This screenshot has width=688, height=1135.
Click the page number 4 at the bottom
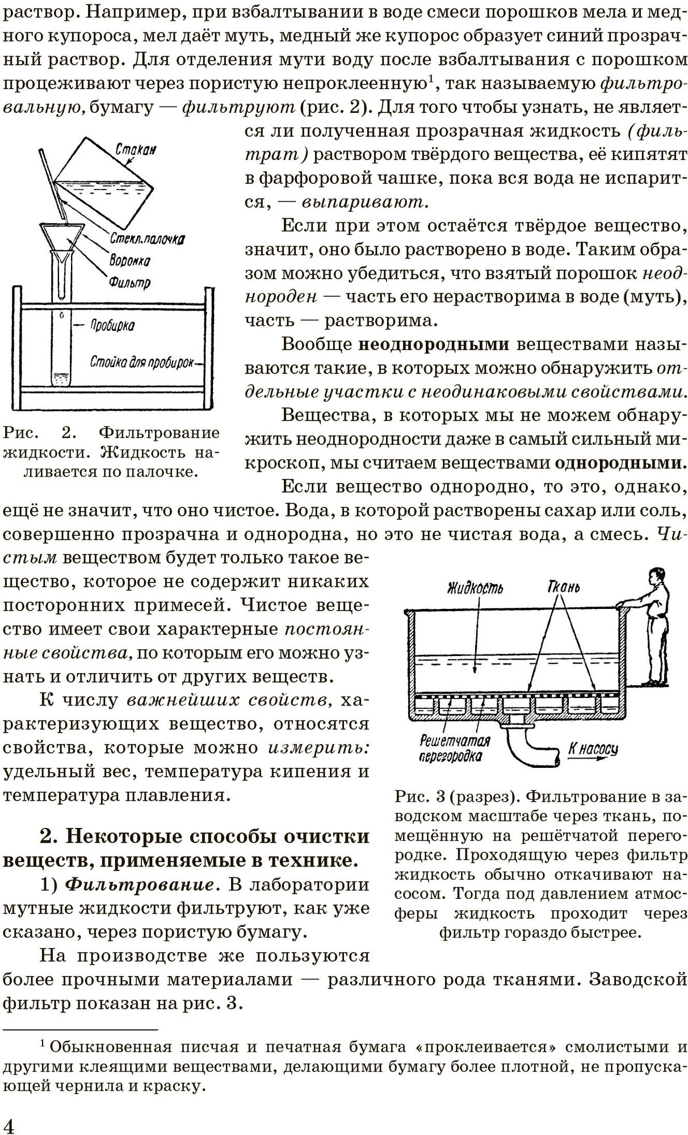[10, 1124]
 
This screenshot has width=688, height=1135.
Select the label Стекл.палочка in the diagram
[147, 239]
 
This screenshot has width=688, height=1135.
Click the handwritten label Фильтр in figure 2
[131, 281]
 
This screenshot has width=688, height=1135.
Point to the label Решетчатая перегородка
[454, 748]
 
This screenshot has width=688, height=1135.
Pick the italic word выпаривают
[365, 201]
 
